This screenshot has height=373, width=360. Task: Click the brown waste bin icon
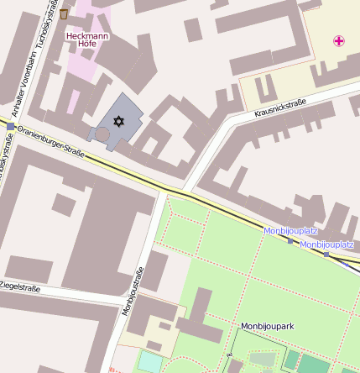[65, 14]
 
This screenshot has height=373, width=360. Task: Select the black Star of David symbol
[118, 122]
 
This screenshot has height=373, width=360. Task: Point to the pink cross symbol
[339, 40]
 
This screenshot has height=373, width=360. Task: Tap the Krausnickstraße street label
[279, 108]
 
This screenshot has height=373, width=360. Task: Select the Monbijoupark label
[267, 325]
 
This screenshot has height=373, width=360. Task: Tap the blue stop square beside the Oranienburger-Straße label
[10, 126]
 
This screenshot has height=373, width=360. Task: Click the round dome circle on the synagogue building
[102, 134]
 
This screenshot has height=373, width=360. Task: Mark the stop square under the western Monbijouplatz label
[290, 241]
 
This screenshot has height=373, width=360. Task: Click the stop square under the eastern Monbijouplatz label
[326, 254]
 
